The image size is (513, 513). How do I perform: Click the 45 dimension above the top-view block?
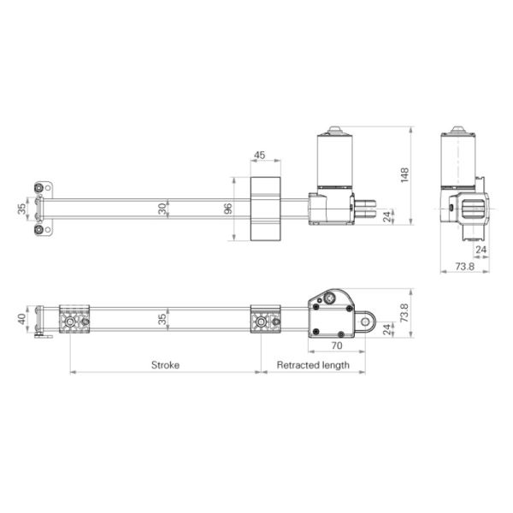click(x=259, y=156)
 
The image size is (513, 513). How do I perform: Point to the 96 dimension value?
click(x=228, y=209)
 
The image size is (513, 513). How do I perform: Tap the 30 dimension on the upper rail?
click(x=162, y=208)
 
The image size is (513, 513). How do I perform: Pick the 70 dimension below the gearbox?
click(x=335, y=346)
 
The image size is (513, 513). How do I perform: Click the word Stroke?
click(x=165, y=364)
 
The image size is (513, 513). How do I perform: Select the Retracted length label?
click(x=313, y=364)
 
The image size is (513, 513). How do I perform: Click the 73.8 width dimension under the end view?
click(x=464, y=267)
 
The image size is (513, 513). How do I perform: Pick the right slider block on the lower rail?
click(x=266, y=321)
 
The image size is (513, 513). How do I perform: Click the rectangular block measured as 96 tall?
click(x=265, y=209)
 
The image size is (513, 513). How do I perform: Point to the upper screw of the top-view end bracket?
click(x=39, y=187)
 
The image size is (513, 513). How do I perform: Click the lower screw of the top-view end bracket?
click(x=39, y=229)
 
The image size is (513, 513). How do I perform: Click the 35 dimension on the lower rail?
click(x=162, y=321)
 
